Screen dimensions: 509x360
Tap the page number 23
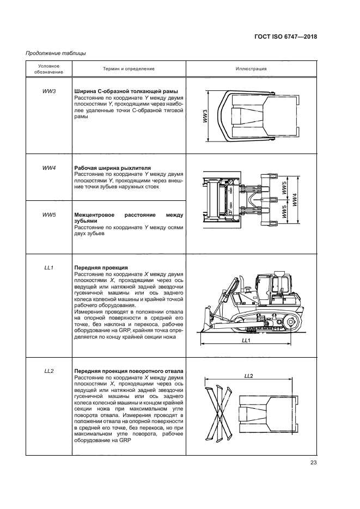coord(313,463)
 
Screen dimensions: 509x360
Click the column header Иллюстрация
coord(251,69)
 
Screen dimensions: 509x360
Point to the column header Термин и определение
coord(129,69)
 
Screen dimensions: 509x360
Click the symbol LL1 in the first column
coord(48,268)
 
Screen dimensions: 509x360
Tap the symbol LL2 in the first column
coord(48,371)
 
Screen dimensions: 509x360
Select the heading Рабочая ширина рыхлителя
coord(112,168)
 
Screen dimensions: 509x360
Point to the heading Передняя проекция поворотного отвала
coord(128,371)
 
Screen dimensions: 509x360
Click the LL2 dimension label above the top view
coord(250,376)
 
